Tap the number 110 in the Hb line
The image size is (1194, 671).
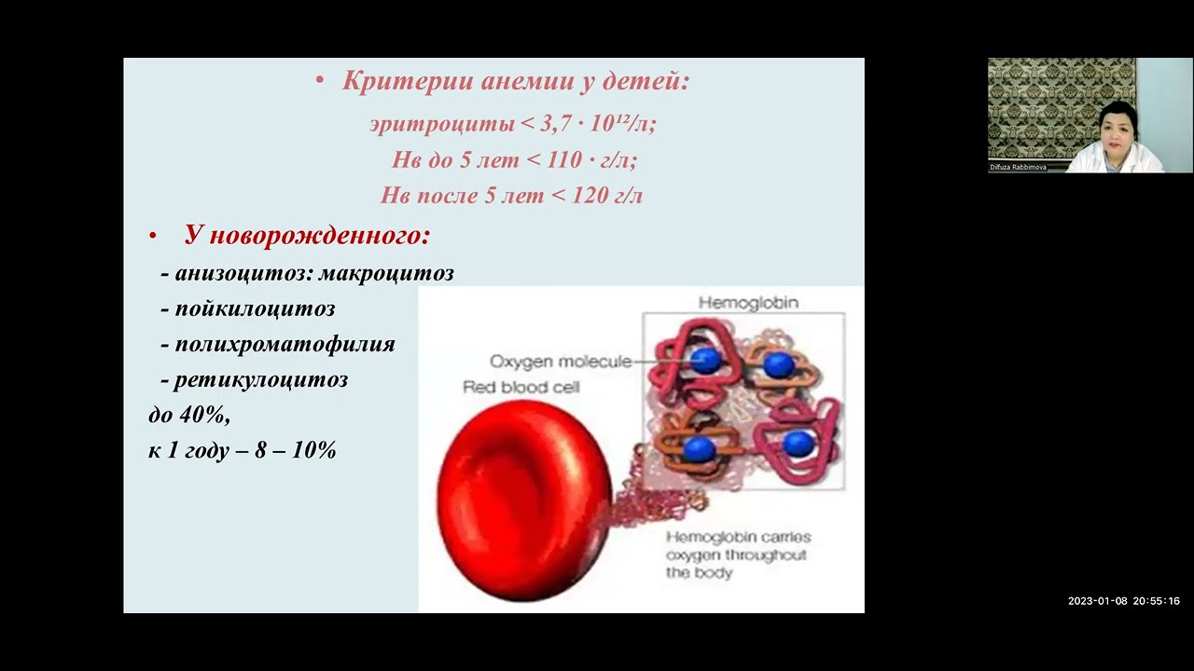(x=564, y=159)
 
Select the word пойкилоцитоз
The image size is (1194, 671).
(x=255, y=308)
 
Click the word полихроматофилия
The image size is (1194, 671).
(x=285, y=344)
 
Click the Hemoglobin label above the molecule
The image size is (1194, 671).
(x=748, y=303)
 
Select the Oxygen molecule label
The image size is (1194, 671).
(x=560, y=362)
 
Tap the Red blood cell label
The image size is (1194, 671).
(x=521, y=387)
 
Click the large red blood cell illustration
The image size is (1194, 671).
(x=522, y=499)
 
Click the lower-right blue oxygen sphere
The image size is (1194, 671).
(x=798, y=444)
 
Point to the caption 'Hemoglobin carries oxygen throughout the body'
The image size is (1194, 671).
(x=737, y=555)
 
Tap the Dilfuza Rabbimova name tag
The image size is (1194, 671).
(x=1018, y=168)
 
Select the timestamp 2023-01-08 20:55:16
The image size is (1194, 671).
(x=1124, y=601)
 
